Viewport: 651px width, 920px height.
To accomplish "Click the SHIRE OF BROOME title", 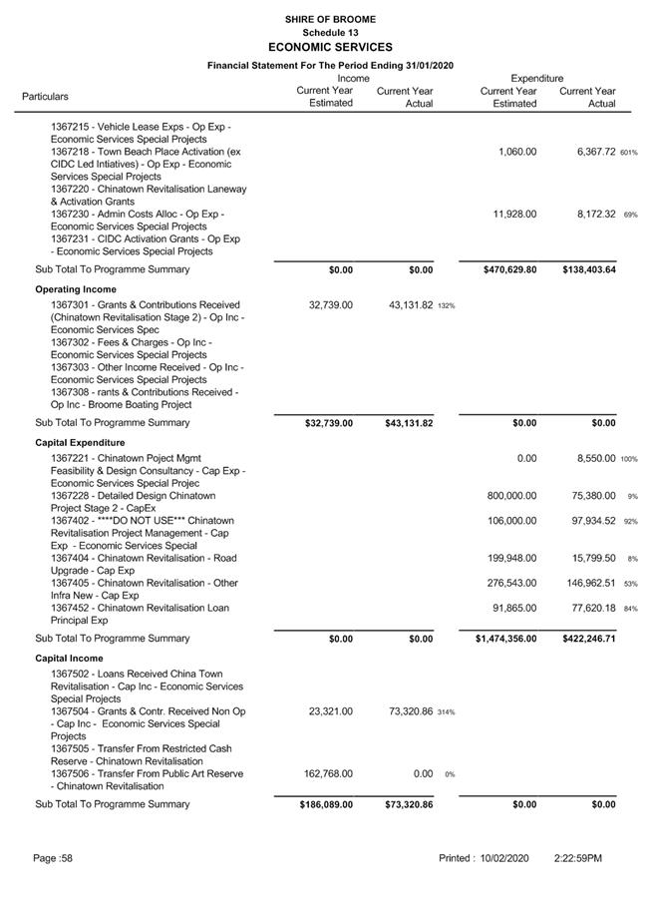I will coord(330,19).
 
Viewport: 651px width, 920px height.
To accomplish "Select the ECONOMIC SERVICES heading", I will coord(330,47).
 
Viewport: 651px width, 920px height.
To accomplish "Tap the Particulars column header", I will coord(46,97).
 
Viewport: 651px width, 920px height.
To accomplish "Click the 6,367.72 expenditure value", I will coord(587,152).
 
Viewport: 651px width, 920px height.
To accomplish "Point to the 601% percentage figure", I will coord(628,153).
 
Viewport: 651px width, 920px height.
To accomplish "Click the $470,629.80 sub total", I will coord(503,269).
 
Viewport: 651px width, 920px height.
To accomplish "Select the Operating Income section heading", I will coord(76,289).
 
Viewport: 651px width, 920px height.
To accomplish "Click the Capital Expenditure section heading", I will coord(80,442).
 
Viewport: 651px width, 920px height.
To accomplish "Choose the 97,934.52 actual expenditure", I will coord(587,521).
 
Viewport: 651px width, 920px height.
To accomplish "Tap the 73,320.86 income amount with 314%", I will coord(399,711).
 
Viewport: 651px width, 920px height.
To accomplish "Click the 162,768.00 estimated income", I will coord(326,773).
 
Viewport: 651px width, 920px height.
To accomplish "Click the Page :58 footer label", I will coord(52,858).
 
